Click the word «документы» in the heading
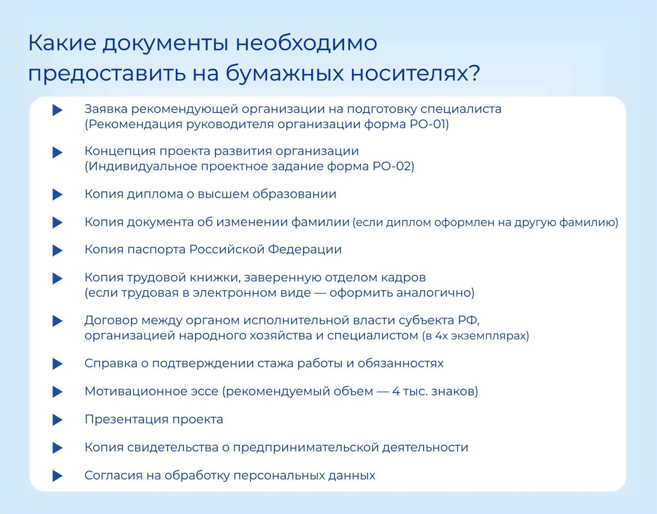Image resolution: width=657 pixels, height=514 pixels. click(x=166, y=44)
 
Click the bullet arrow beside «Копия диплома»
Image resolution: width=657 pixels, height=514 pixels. click(x=57, y=194)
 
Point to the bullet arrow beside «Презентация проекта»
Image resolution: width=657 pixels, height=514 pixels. click(x=57, y=420)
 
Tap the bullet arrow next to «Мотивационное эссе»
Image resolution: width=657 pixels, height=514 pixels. click(x=57, y=391)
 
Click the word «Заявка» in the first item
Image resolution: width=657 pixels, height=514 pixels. click(x=106, y=109)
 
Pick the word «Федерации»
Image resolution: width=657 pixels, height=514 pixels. click(x=305, y=250)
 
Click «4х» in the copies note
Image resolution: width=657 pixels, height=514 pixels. click(x=441, y=336)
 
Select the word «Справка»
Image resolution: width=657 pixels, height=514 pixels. click(x=111, y=363)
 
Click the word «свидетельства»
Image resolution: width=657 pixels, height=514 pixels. click(x=173, y=448)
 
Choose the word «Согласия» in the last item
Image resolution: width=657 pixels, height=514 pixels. click(x=114, y=476)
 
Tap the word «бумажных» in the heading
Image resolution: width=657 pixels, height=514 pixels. click(x=285, y=73)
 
